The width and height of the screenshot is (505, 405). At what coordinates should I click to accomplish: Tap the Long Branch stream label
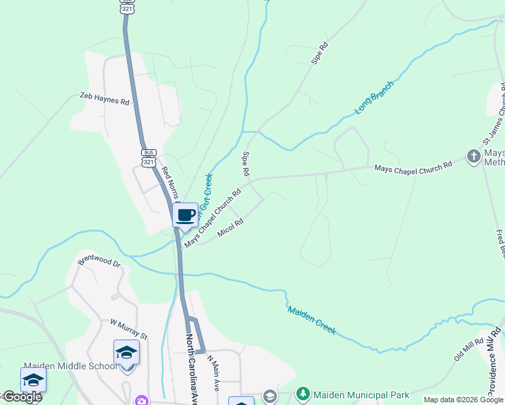[373, 99]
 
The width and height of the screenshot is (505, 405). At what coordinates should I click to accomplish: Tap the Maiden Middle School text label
[70, 367]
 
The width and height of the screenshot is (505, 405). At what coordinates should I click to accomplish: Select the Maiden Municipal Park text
[352, 394]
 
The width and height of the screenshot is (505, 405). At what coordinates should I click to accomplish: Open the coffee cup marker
[185, 215]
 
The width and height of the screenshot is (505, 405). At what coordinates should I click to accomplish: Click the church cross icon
[474, 157]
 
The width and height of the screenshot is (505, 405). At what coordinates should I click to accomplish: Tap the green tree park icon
[303, 394]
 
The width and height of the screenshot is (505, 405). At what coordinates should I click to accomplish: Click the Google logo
[22, 397]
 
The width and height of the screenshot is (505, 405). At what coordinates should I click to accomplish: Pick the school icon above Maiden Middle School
[126, 352]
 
